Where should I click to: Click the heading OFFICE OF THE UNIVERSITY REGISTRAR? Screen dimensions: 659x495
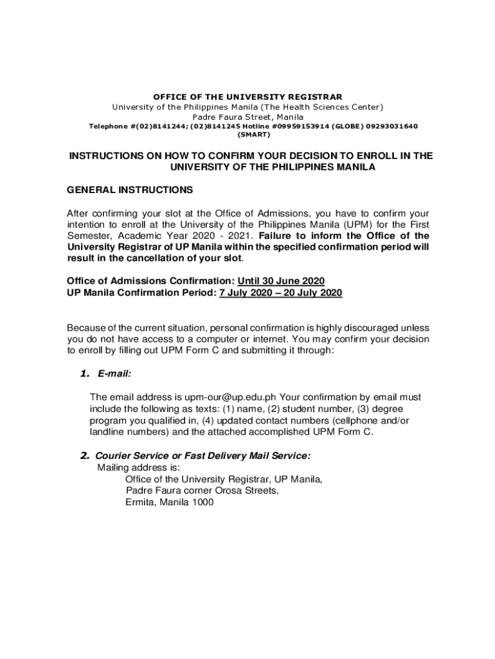click(x=248, y=97)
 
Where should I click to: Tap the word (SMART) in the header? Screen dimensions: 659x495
click(x=253, y=135)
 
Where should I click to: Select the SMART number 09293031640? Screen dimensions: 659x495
click(x=389, y=126)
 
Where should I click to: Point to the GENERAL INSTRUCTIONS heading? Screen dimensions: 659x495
click(x=130, y=190)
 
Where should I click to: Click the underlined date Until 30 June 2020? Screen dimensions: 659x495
click(x=281, y=281)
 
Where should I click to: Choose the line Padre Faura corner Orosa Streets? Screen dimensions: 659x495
click(x=202, y=491)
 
